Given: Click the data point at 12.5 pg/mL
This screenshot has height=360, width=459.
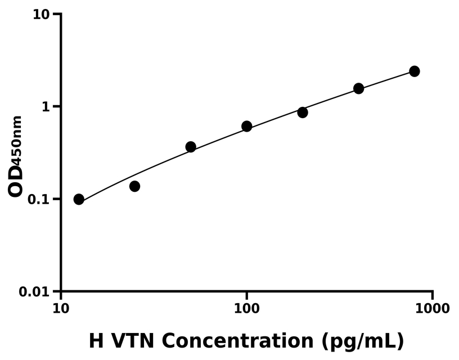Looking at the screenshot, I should coord(79,199).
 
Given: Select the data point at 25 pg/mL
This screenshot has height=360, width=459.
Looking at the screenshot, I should coord(134,186).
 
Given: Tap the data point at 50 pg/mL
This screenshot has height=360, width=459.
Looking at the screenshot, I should coord(191,147).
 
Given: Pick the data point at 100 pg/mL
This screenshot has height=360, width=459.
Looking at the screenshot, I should coord(246,126).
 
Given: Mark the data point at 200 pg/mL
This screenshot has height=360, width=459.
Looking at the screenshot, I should coord(303,112).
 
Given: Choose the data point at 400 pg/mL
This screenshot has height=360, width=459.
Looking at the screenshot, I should coord(358,88).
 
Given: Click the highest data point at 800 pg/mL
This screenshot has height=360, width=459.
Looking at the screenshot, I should coord(415,71).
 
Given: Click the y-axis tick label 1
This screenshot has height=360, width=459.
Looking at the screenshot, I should coord(47,107).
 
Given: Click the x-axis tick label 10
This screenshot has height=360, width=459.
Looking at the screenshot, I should coord(61,308).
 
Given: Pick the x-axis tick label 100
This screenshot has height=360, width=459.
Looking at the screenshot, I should coord(246,308).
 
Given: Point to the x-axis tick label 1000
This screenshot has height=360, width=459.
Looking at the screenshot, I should coord(432,308).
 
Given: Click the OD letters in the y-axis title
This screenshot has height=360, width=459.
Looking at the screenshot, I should coord(16,181).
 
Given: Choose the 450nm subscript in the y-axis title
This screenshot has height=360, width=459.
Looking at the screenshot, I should coord(17,139).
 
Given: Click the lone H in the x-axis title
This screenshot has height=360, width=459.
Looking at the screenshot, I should coord(97,341).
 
